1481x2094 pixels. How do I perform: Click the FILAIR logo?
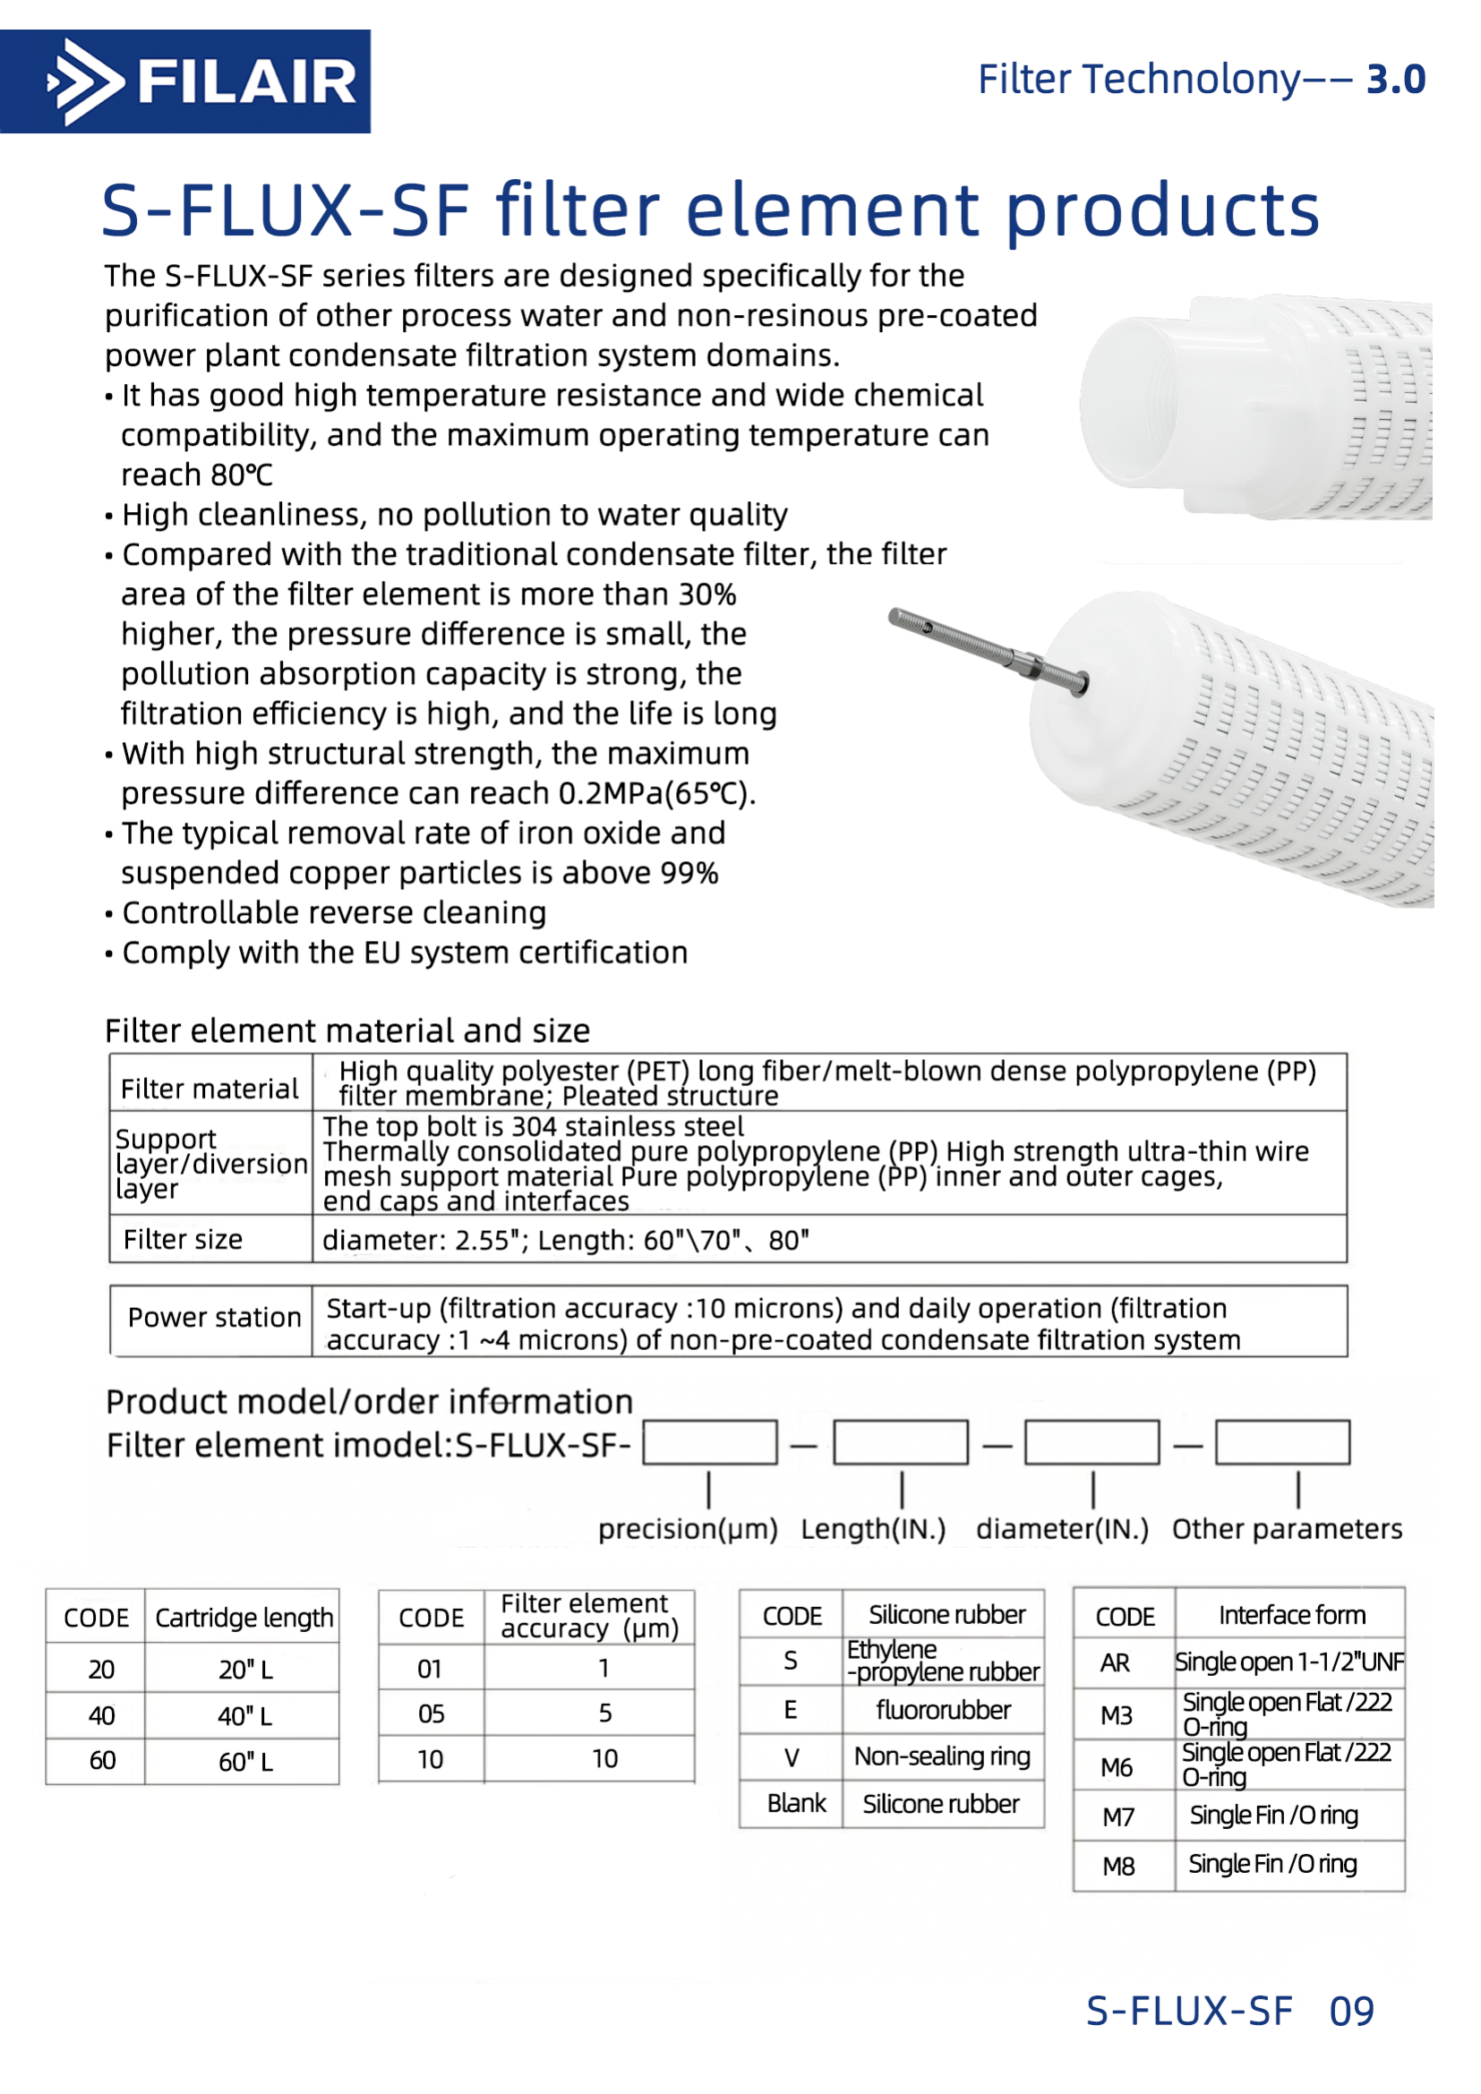coord(185,82)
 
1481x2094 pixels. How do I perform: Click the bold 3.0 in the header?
coord(1395,81)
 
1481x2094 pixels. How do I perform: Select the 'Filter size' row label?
coord(184,1239)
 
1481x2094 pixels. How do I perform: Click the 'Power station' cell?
coord(213,1318)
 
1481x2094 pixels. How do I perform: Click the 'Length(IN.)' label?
coord(873,1528)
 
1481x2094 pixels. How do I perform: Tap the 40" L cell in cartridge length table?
coord(244,1716)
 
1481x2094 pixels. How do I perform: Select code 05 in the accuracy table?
coord(431,1714)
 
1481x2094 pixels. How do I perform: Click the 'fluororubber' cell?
coord(943,1710)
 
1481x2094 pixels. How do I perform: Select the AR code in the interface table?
coord(1116,1663)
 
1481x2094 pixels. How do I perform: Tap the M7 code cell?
coord(1118,1816)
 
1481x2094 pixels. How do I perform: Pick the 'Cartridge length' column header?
coord(244,1618)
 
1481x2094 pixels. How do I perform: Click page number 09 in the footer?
coord(1350,2011)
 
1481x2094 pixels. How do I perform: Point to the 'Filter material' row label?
coord(210,1089)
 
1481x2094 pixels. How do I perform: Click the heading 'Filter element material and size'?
coord(347,1030)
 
